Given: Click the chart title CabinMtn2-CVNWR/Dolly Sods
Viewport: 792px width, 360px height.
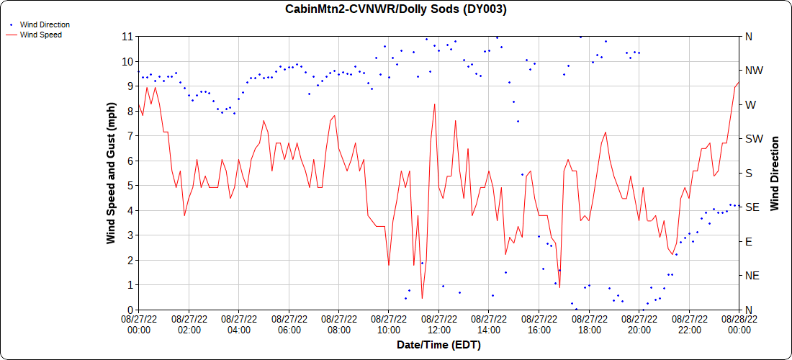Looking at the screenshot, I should (396, 9).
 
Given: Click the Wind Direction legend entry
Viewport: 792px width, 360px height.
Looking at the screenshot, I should (45, 24).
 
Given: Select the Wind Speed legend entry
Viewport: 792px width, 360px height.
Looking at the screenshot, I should (40, 34).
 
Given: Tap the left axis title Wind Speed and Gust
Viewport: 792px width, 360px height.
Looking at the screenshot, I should (111, 173).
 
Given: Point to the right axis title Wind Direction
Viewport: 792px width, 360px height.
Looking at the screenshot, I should (775, 173).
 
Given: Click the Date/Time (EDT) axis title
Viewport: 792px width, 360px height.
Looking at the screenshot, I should (438, 345).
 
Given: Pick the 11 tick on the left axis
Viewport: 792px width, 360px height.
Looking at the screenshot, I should (127, 36).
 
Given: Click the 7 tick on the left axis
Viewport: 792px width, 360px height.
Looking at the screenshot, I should (130, 135).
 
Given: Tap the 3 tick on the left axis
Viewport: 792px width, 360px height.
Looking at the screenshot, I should (130, 235).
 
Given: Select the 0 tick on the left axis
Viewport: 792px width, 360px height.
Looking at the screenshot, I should (130, 310).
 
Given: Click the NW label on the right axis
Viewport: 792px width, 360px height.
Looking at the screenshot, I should (752, 71).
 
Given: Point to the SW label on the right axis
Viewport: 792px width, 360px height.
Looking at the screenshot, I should (752, 139).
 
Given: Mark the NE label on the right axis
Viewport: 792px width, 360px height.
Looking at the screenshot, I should (751, 276).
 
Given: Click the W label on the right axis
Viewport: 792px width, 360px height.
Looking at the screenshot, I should (750, 104).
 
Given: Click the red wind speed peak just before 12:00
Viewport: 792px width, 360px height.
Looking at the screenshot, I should (435, 104).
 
